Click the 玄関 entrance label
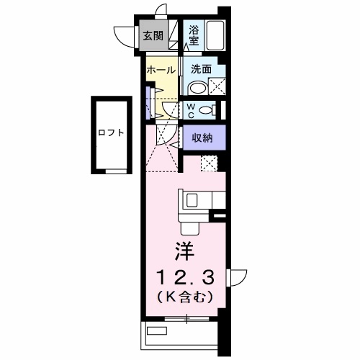(153, 36)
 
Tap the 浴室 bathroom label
(194, 35)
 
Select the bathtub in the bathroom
(215, 35)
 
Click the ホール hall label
(161, 70)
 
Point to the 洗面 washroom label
(202, 69)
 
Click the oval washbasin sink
(199, 89)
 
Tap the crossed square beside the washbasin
(217, 86)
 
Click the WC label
(191, 111)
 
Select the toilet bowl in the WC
(207, 110)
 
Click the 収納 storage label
(202, 138)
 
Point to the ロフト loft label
(111, 132)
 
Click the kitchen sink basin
(192, 200)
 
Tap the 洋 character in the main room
(184, 251)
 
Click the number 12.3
(185, 277)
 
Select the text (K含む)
(185, 297)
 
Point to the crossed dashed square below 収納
(209, 163)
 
